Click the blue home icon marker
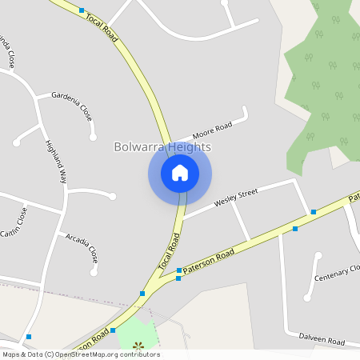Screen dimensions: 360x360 (x=180, y=173)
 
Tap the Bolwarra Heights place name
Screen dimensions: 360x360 (x=162, y=147)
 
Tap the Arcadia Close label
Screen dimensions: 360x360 (x=82, y=248)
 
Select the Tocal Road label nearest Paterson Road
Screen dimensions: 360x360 (x=166, y=251)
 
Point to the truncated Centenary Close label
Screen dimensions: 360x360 (x=337, y=273)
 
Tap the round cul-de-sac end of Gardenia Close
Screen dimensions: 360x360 (x=94, y=137)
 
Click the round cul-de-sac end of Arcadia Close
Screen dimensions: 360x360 (x=94, y=271)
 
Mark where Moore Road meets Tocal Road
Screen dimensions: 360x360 (x=169, y=141)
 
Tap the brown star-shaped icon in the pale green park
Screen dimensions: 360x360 (x=138, y=346)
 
